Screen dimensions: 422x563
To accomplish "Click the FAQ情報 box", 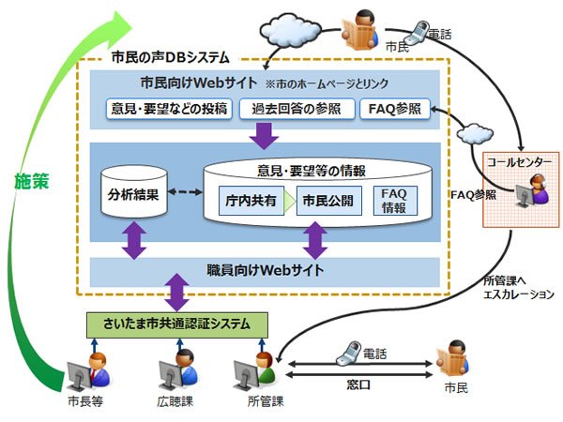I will tap(394, 200).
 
